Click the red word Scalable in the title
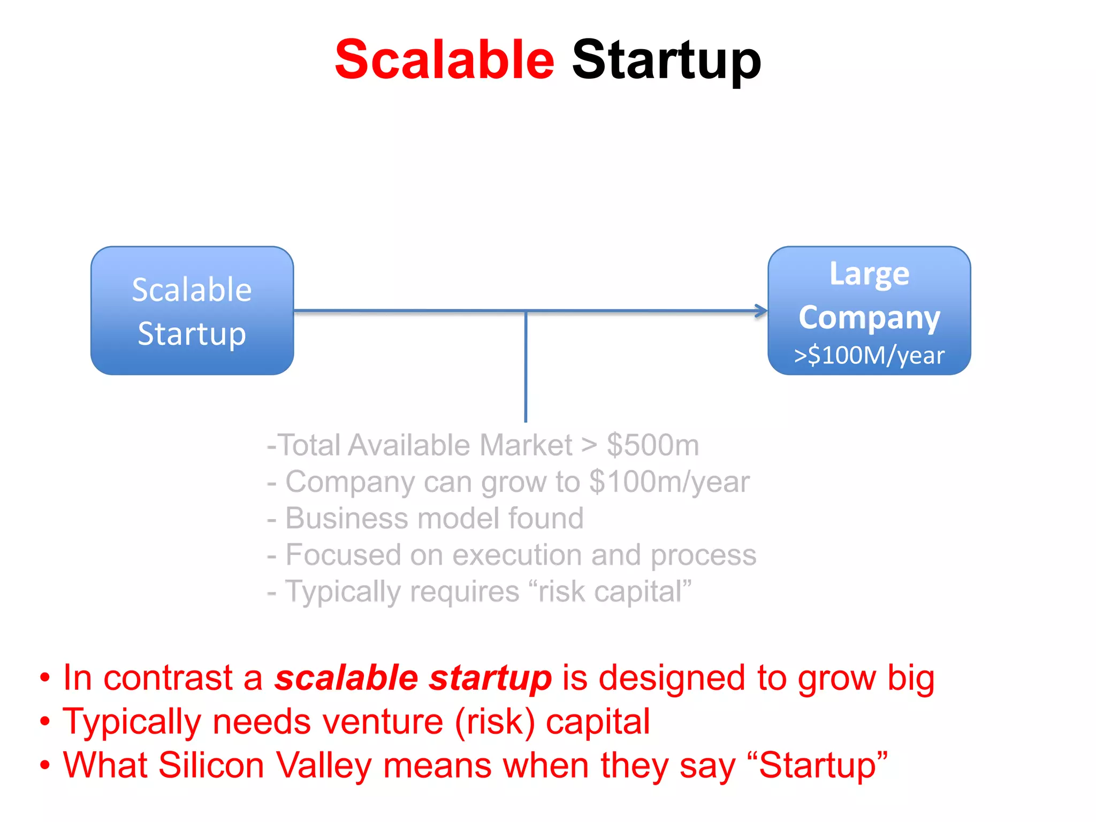click(444, 60)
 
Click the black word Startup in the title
click(666, 60)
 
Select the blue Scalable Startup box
click(192, 311)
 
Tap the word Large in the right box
click(869, 275)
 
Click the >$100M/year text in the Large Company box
click(869, 355)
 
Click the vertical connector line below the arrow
click(526, 369)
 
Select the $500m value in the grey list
click(652, 445)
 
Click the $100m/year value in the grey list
click(669, 482)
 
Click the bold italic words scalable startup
click(413, 678)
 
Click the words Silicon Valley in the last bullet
click(264, 765)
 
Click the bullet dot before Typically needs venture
click(45, 722)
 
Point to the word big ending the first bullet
click(910, 678)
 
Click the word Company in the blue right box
click(869, 317)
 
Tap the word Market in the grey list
click(526, 445)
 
